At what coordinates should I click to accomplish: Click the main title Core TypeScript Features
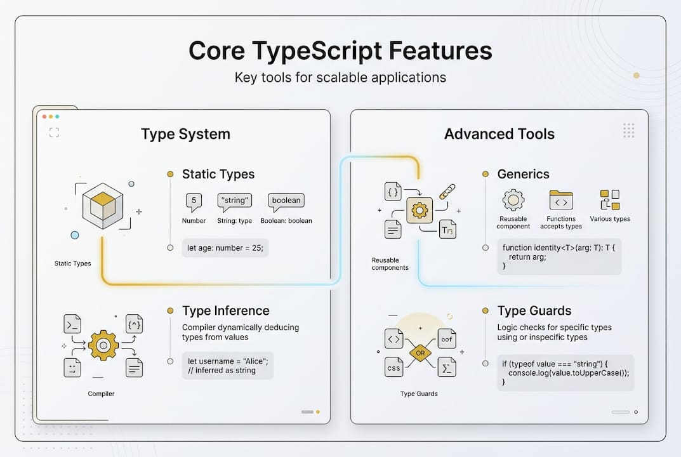tap(340, 51)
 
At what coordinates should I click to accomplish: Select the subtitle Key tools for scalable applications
tap(340, 78)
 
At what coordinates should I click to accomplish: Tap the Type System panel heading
tap(185, 134)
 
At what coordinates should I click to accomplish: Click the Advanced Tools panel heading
tap(499, 134)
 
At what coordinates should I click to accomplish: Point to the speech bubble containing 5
tap(194, 202)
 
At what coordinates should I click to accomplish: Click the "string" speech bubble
tap(234, 201)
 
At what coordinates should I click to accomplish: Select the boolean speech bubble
tap(286, 201)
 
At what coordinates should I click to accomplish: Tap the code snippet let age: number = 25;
tap(225, 248)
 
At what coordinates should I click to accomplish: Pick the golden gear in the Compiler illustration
tap(103, 345)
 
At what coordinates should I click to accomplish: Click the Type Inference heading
tap(225, 310)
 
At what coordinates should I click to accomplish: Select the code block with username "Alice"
tap(228, 366)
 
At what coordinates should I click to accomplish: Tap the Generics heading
tap(523, 174)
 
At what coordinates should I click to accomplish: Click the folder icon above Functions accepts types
tap(561, 201)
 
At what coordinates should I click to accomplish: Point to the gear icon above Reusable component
tap(513, 200)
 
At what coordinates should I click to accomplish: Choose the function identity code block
tap(559, 256)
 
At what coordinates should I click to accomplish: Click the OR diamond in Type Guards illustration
tap(420, 353)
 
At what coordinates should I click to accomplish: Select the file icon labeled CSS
tap(393, 367)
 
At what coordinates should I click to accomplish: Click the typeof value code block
tap(565, 373)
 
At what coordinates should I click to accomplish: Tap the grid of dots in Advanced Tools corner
tap(628, 131)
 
